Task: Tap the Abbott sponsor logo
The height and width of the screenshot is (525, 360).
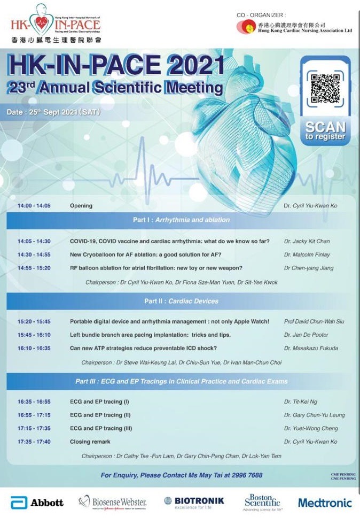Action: [x=37, y=503]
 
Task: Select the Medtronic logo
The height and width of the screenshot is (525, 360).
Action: [x=324, y=503]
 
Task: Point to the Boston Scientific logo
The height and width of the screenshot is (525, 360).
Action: [x=262, y=502]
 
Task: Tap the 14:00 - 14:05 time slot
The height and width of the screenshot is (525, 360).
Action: [x=34, y=205]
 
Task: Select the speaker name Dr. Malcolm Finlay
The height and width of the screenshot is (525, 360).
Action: [x=307, y=254]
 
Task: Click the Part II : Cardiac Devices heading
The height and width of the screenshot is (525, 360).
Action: [x=181, y=301]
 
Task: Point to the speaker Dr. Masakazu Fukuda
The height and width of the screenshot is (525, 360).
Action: [x=311, y=348]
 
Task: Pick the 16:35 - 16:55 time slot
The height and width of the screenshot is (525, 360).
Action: [x=34, y=402]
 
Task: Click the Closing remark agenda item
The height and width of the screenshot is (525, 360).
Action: [x=90, y=442]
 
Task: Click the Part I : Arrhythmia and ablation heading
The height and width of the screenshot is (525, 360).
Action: [x=181, y=219]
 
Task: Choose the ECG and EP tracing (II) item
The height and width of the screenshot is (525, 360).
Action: [x=96, y=415]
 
